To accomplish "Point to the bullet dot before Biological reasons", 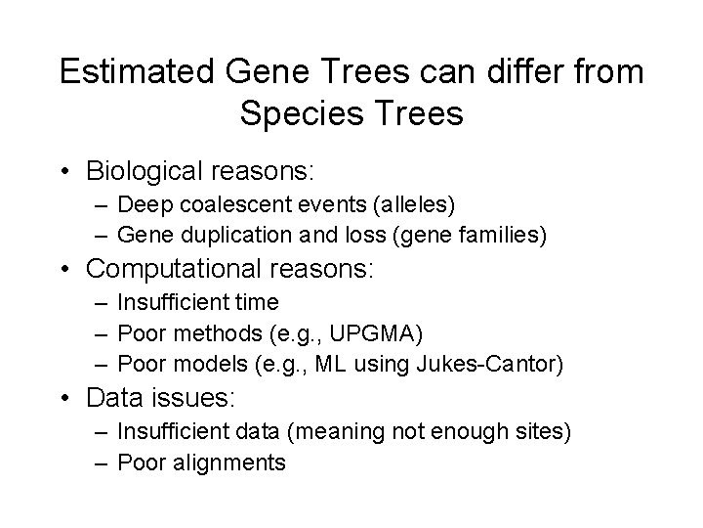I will click(x=65, y=172).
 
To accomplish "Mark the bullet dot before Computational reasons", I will click(x=65, y=270).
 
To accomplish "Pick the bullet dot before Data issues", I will click(x=65, y=399).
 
